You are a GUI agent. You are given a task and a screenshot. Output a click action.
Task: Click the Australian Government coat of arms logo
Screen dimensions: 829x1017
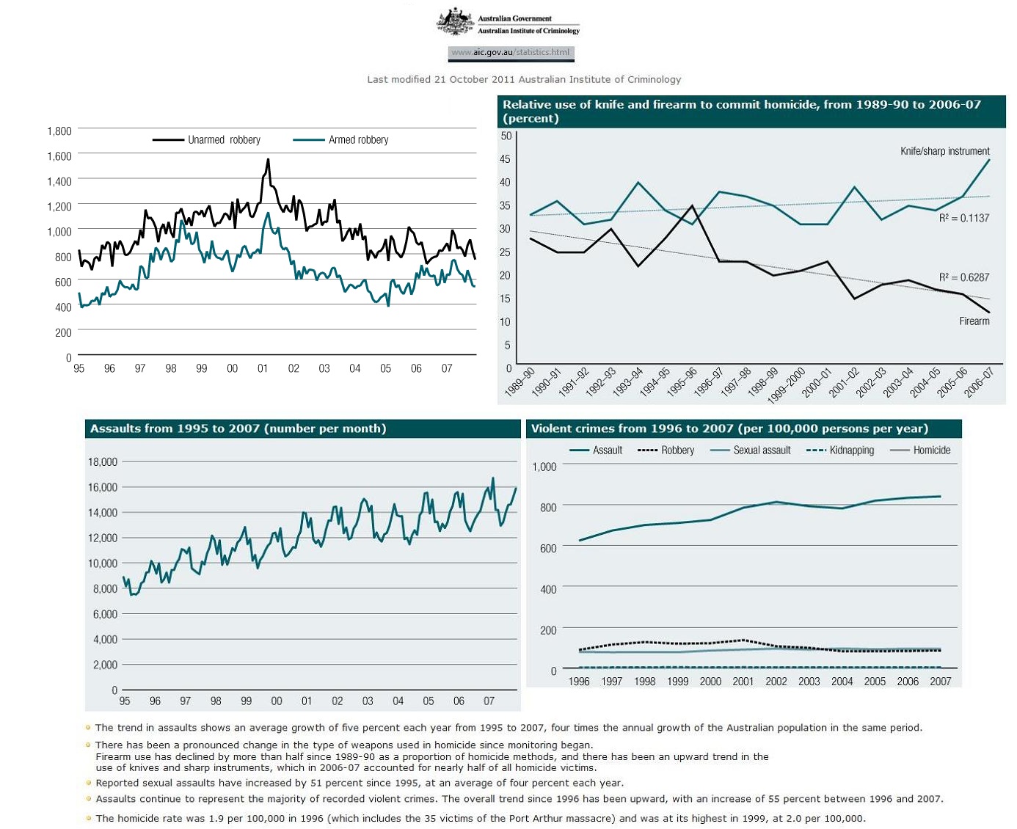tap(455, 22)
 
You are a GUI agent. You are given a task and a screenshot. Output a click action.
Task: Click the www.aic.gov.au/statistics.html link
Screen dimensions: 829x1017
tap(511, 52)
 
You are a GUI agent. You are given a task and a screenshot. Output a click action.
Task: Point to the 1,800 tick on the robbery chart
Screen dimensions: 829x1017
tap(59, 131)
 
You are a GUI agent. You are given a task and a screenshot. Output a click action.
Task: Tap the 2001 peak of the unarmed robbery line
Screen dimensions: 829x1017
tap(268, 159)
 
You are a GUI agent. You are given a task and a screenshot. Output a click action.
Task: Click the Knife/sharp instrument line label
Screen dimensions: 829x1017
tap(945, 151)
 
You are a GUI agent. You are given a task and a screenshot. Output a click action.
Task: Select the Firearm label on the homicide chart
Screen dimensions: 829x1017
tap(974, 321)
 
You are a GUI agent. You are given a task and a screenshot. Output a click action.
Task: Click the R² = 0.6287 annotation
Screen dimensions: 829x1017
tap(964, 277)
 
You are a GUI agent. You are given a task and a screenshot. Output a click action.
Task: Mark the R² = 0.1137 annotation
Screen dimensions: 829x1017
tap(964, 218)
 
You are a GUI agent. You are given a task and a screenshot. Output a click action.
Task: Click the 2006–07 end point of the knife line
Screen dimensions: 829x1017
tap(989, 160)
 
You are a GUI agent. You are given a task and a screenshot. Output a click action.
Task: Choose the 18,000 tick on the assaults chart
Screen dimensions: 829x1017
tap(103, 461)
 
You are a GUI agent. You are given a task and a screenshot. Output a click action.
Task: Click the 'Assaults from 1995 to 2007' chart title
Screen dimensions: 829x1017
tap(238, 428)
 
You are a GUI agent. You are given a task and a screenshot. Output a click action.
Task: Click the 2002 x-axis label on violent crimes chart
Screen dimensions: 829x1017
tap(776, 682)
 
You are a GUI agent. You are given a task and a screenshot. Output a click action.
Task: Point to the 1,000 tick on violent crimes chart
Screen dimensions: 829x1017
tap(544, 467)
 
